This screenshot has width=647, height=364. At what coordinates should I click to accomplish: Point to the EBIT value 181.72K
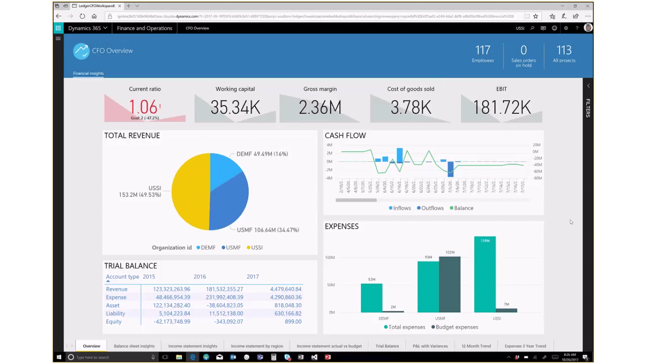tap(502, 108)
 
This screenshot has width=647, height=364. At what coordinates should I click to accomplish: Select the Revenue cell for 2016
tap(224, 289)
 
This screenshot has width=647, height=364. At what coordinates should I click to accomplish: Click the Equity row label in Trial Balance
tap(114, 321)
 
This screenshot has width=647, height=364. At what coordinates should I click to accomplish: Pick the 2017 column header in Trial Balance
tap(253, 277)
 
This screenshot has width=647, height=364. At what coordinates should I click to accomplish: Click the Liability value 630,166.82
tap(286, 313)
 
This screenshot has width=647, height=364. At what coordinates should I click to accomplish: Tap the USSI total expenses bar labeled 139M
tap(485, 275)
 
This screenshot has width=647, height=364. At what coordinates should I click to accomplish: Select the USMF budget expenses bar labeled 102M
tap(449, 284)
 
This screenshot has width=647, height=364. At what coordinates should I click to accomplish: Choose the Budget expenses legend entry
tap(454, 327)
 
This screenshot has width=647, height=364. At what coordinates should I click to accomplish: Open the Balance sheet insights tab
tap(134, 346)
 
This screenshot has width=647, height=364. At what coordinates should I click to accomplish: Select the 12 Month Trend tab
tap(476, 346)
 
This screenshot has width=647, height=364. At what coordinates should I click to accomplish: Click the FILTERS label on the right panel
tap(588, 108)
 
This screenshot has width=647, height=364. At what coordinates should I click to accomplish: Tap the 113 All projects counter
tap(564, 54)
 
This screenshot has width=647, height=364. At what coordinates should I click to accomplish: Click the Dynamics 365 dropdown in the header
tap(87, 28)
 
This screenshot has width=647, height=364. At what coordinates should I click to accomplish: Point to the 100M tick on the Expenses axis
tap(330, 257)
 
